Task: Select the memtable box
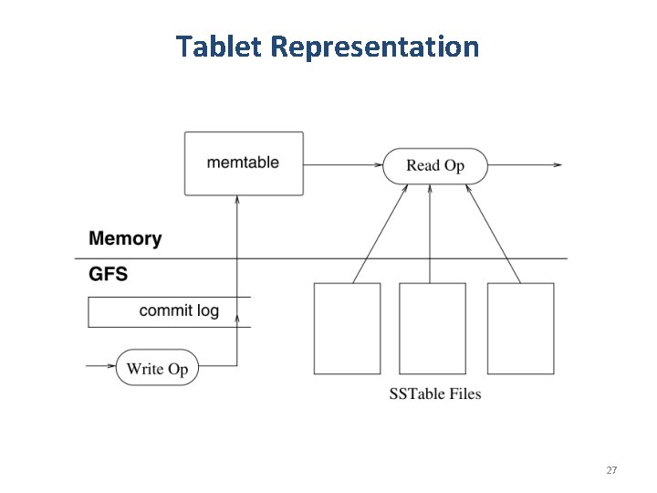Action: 244,163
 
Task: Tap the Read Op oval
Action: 435,166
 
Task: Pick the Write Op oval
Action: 157,368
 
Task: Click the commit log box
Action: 169,311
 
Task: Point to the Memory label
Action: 125,239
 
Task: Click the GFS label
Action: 108,274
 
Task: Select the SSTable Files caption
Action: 435,394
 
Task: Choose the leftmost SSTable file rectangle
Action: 347,328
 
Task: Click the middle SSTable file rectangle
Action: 433,328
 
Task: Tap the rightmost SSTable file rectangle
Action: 520,328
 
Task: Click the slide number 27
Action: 611,470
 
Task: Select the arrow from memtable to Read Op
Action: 342,165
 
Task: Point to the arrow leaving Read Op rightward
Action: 525,165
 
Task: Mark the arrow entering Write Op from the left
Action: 100,367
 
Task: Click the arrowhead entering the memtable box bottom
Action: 237,201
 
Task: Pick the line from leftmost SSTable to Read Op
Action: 379,233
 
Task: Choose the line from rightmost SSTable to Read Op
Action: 493,233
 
